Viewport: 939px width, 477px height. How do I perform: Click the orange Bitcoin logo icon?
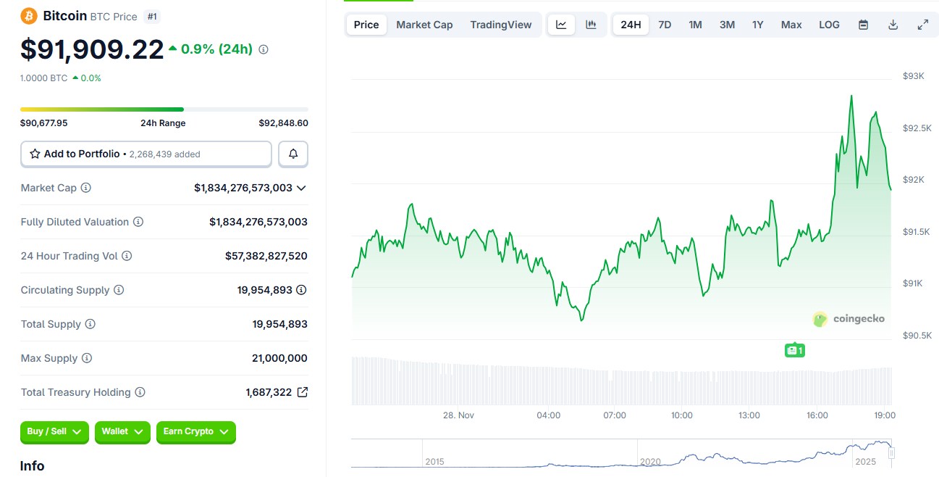(29, 16)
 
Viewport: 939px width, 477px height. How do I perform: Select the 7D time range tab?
(664, 25)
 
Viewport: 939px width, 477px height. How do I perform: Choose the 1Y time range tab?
(757, 25)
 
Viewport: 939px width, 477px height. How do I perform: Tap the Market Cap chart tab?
(424, 25)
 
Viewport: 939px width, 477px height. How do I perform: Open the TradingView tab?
(500, 25)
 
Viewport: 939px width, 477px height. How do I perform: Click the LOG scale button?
(829, 25)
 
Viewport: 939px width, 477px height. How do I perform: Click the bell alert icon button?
(293, 154)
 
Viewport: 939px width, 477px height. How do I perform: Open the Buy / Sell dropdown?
(54, 432)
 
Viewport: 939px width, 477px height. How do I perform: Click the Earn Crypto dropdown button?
(195, 432)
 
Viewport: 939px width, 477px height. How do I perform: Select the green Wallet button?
(122, 432)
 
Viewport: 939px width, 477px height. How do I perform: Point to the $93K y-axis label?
(913, 76)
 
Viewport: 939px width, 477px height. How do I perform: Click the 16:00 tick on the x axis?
(817, 415)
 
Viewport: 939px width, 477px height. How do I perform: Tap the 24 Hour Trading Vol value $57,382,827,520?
(266, 256)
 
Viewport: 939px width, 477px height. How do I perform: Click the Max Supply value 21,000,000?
(279, 358)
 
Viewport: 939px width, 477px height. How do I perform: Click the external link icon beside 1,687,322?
(303, 392)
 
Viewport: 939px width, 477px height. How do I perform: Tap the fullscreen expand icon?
(922, 25)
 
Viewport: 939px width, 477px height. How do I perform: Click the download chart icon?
(893, 25)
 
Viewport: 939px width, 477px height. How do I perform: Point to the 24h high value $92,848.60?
(283, 123)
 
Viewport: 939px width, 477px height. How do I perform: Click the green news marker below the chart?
(794, 350)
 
